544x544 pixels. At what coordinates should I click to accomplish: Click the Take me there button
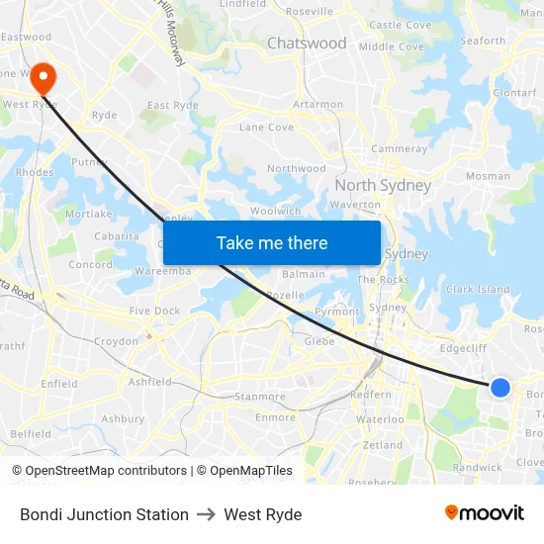click(x=272, y=242)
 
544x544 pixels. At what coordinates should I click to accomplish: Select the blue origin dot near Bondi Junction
click(x=500, y=388)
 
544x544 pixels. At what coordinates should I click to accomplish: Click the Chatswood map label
click(x=307, y=44)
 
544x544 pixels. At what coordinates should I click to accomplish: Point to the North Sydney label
click(x=383, y=186)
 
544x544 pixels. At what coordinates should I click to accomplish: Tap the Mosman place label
click(x=488, y=177)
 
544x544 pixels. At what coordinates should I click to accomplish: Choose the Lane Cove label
click(x=266, y=128)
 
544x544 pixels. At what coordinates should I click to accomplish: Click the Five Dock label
click(x=154, y=312)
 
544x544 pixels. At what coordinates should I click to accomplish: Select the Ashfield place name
click(x=149, y=382)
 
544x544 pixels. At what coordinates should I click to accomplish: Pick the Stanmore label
click(x=259, y=397)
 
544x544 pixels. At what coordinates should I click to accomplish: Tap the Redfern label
click(x=371, y=395)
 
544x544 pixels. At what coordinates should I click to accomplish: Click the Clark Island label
click(x=478, y=290)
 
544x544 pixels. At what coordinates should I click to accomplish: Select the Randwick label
click(x=476, y=468)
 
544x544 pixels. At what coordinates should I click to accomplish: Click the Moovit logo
click(x=485, y=513)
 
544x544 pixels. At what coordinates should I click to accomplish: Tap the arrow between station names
click(x=206, y=514)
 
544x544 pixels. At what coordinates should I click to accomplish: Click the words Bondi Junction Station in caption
click(x=104, y=514)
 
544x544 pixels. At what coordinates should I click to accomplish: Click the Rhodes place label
click(x=35, y=172)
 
